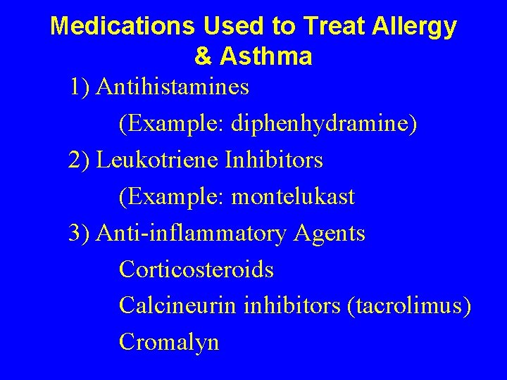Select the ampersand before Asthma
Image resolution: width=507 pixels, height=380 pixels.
click(x=201, y=56)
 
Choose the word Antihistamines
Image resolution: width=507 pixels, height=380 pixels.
click(x=173, y=87)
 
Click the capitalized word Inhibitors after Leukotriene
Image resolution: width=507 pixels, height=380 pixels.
click(x=274, y=160)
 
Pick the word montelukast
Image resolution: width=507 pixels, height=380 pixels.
click(x=293, y=197)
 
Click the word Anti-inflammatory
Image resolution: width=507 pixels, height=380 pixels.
click(x=191, y=233)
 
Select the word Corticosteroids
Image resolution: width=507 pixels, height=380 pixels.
click(x=196, y=270)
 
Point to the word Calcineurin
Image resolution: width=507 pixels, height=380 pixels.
click(x=178, y=306)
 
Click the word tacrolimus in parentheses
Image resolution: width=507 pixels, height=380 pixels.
click(x=408, y=306)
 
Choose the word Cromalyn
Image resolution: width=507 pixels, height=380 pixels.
click(x=169, y=343)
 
